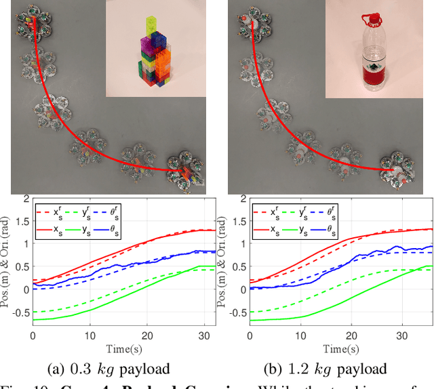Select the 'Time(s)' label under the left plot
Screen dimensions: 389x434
122,348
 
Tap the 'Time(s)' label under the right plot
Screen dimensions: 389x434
339,348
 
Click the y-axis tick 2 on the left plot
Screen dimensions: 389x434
26,199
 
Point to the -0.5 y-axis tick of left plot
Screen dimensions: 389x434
20,312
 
